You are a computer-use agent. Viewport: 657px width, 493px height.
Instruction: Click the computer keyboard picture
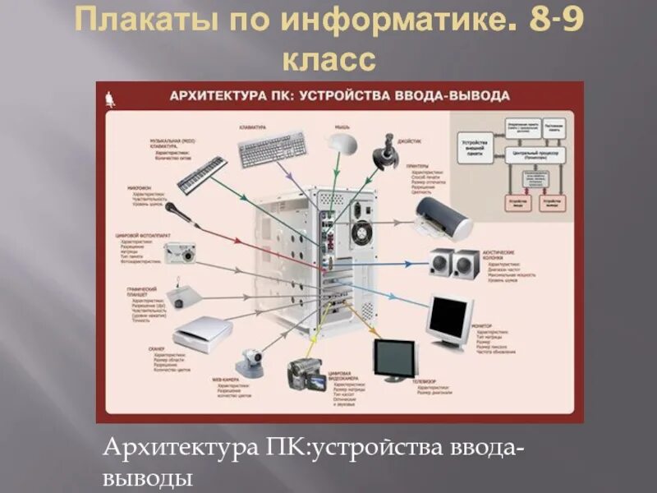point(272,148)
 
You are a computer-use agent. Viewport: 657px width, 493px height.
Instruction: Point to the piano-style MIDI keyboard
point(202,174)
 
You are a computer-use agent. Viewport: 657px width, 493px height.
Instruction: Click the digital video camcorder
point(306,371)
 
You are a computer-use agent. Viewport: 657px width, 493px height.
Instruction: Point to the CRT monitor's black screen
point(451,314)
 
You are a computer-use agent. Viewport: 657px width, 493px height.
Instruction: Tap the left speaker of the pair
point(439,264)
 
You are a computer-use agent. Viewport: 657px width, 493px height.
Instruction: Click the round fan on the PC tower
point(361,231)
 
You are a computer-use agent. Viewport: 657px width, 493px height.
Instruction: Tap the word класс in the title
point(328,59)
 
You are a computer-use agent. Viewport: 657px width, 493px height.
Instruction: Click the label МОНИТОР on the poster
point(483,326)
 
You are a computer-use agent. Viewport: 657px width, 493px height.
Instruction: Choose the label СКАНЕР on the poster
point(159,348)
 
